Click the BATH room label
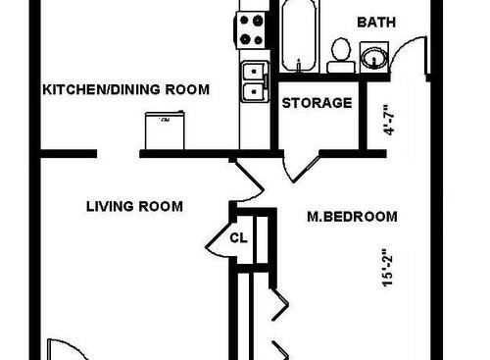tap(377, 22)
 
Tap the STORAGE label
tap(316, 102)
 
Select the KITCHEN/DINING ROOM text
tap(125, 89)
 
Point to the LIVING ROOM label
tap(134, 206)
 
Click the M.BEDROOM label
tap(351, 216)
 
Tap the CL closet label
tap(239, 237)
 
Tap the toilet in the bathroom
tap(341, 53)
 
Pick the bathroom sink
tap(373, 56)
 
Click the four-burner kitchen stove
tap(252, 29)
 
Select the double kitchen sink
tap(252, 80)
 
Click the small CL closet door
tap(217, 237)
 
